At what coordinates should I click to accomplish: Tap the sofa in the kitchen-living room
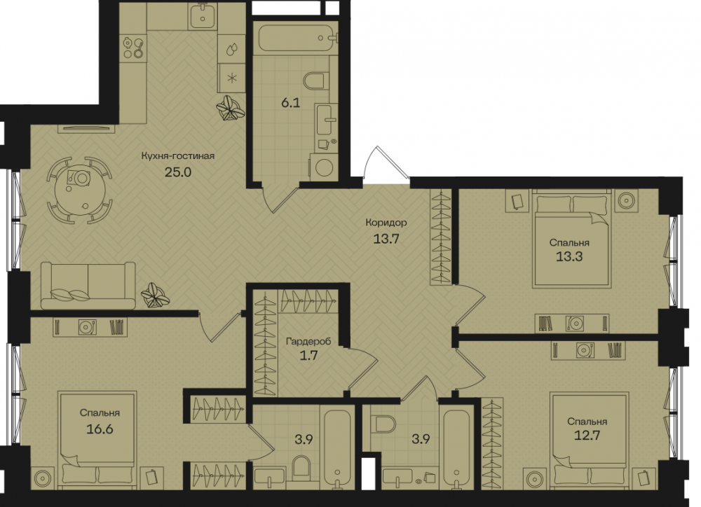[88, 286]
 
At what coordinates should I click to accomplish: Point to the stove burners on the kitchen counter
[134, 47]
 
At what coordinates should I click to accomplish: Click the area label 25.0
[178, 172]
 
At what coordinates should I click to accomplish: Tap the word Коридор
[386, 222]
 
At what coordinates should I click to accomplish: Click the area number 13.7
[386, 239]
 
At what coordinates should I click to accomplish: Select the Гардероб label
[308, 342]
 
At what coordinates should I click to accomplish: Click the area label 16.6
[100, 429]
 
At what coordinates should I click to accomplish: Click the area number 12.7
[587, 435]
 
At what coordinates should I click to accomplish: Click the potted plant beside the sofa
[155, 295]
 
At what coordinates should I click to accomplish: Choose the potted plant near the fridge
[230, 108]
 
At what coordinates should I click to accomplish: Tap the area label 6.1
[291, 103]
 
